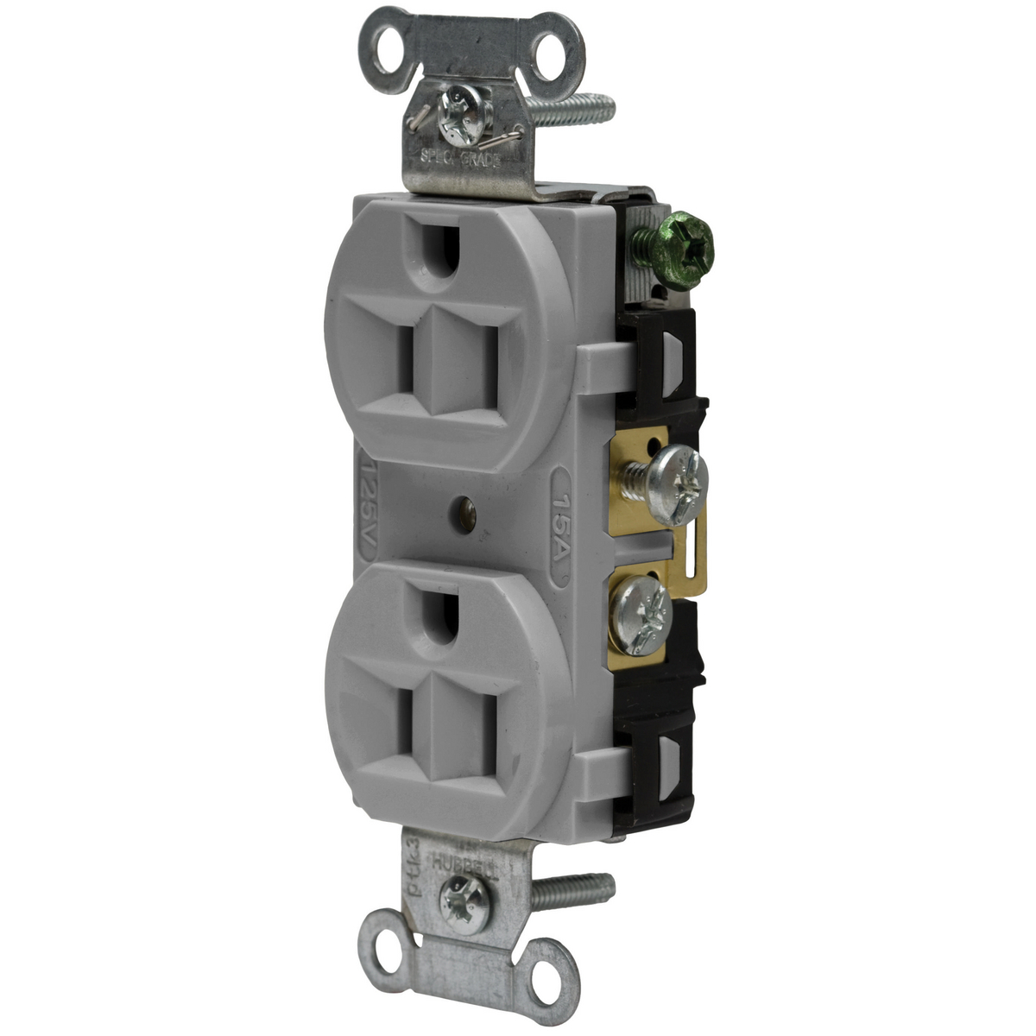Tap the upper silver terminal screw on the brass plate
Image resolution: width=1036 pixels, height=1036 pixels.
678,473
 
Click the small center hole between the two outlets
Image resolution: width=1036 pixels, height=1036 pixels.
467,515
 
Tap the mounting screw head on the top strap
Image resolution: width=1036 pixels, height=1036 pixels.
454,112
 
